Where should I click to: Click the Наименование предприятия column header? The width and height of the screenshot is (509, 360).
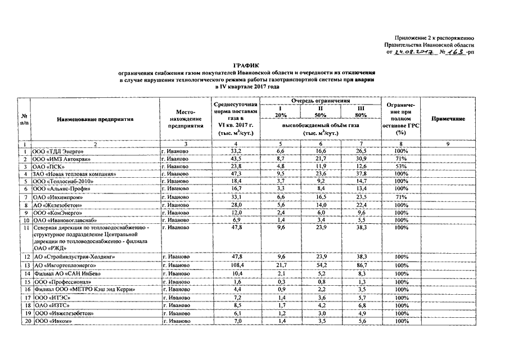(x=94, y=119)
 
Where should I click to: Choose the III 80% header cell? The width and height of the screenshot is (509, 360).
(x=361, y=111)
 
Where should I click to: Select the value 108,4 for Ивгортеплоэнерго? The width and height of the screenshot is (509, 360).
(x=236, y=265)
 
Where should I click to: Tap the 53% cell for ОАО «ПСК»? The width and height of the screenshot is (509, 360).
(x=401, y=167)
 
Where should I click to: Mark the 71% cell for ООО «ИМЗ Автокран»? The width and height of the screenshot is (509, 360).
(x=401, y=160)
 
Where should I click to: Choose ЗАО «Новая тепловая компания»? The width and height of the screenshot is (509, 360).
(x=70, y=174)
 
